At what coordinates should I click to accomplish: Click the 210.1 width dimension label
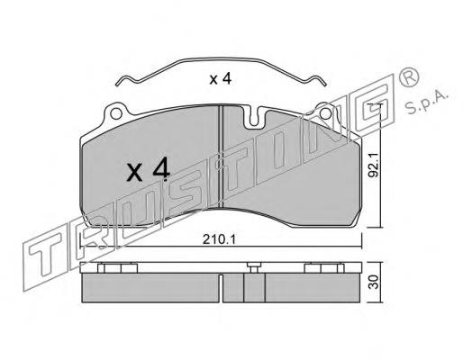point(220,239)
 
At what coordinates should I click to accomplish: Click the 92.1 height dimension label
point(374,165)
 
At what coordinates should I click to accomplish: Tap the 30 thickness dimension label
point(374,283)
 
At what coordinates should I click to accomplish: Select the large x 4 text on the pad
point(148,170)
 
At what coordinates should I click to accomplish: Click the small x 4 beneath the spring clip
point(221,79)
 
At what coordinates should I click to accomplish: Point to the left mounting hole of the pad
point(116,113)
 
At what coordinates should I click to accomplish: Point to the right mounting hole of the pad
point(326,113)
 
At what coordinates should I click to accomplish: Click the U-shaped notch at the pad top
point(254,117)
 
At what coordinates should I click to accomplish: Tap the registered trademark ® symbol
point(408,77)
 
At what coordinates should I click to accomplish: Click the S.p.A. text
point(427,103)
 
